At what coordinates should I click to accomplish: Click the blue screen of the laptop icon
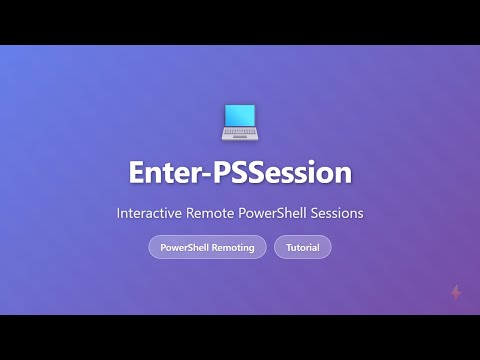tap(240, 118)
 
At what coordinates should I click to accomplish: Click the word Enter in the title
tap(164, 172)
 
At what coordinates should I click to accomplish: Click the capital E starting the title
tap(136, 172)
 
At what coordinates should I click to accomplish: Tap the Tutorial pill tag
tap(302, 247)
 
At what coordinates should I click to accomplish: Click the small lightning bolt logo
tap(456, 293)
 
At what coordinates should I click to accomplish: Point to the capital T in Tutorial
tap(288, 247)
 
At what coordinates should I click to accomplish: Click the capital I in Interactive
tap(119, 214)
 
